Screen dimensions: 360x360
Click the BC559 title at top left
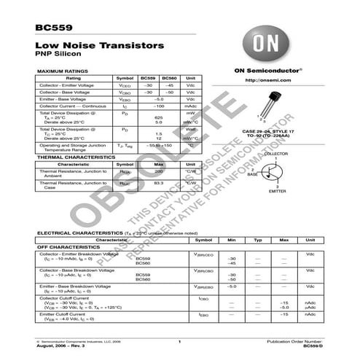coord(47,28)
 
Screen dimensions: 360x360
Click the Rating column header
coord(74,78)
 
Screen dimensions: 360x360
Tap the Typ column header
coord(257,240)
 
